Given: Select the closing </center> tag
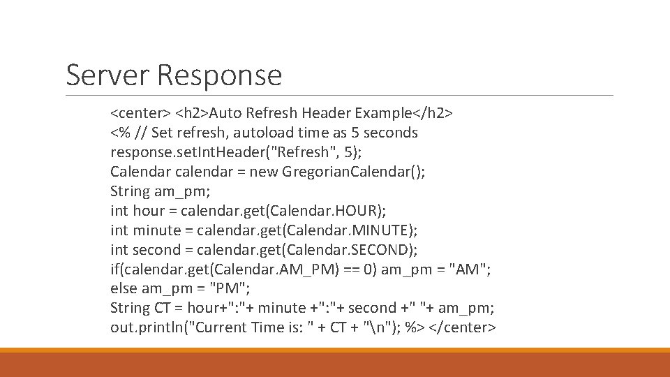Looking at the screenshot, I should pos(465,327).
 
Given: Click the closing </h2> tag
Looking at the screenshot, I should pos(433,112).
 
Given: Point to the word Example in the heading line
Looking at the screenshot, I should pos(383,112).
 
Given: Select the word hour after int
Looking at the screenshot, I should pos(149,210).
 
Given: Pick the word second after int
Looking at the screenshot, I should pos(157,249).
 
